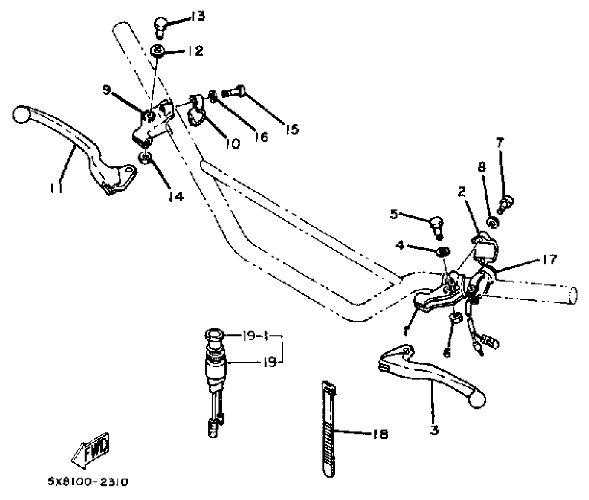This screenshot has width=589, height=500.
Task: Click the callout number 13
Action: [197, 16]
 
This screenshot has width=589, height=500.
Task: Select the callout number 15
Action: [292, 129]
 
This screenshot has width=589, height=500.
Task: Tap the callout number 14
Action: [176, 196]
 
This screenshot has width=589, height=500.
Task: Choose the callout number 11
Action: [56, 188]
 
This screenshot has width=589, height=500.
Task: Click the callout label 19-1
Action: [255, 336]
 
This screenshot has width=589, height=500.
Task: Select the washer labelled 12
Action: [157, 51]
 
